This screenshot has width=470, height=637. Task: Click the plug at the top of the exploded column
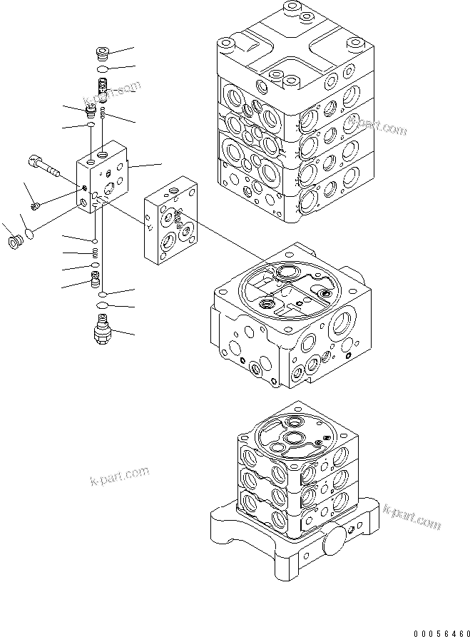(x=103, y=53)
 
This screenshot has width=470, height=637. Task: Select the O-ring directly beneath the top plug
(x=103, y=68)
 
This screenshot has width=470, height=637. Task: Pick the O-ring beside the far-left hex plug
(x=29, y=233)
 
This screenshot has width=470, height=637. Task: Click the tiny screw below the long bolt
(x=37, y=205)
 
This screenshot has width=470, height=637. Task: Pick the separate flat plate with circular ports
(x=172, y=228)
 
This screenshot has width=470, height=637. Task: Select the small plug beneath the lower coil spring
(x=94, y=279)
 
